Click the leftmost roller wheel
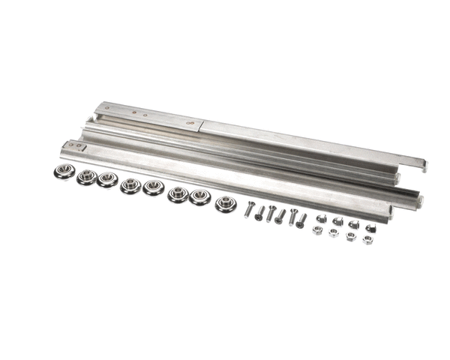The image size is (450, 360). pos(64,172)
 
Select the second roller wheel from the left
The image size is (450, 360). pos(86,176)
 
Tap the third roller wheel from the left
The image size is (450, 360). pos(106,180)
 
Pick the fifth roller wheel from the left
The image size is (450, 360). pos(153,187)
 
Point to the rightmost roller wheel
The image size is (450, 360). pos(225,203)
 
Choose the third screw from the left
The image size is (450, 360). pos(271,213)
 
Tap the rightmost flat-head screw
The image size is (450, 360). pos(300,220)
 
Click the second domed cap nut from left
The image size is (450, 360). pos(338,221)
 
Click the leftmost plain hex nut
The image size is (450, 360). pos(317,230)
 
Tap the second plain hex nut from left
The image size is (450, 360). pos(334,233)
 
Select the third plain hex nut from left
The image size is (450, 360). pos(351,236)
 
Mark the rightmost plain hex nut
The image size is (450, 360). pos(367,239)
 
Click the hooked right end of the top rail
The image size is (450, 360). pos(422,164)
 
